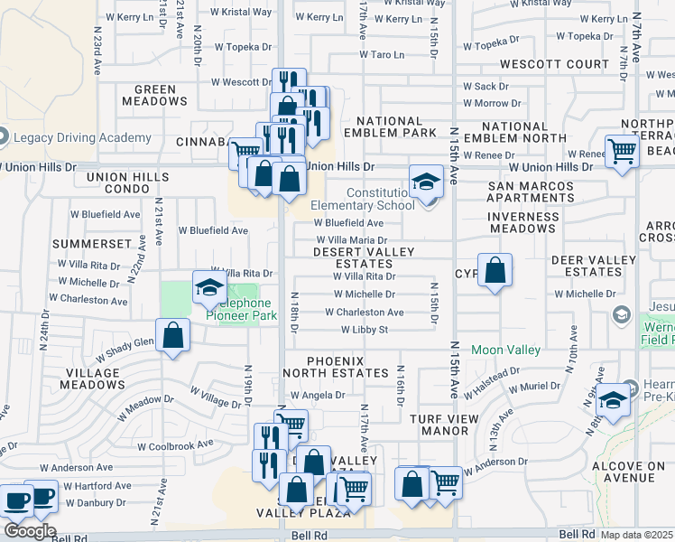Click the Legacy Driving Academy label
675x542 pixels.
(83, 137)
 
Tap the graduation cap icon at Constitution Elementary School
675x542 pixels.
(425, 182)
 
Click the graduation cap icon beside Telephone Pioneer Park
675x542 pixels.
(209, 288)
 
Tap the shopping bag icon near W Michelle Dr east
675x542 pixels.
(495, 270)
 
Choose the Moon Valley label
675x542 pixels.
(505, 350)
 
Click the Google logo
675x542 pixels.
(29, 531)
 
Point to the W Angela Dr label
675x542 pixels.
(317, 395)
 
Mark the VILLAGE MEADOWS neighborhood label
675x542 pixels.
(92, 378)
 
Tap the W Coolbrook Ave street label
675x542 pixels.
(175, 445)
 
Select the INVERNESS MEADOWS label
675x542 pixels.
(522, 222)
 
